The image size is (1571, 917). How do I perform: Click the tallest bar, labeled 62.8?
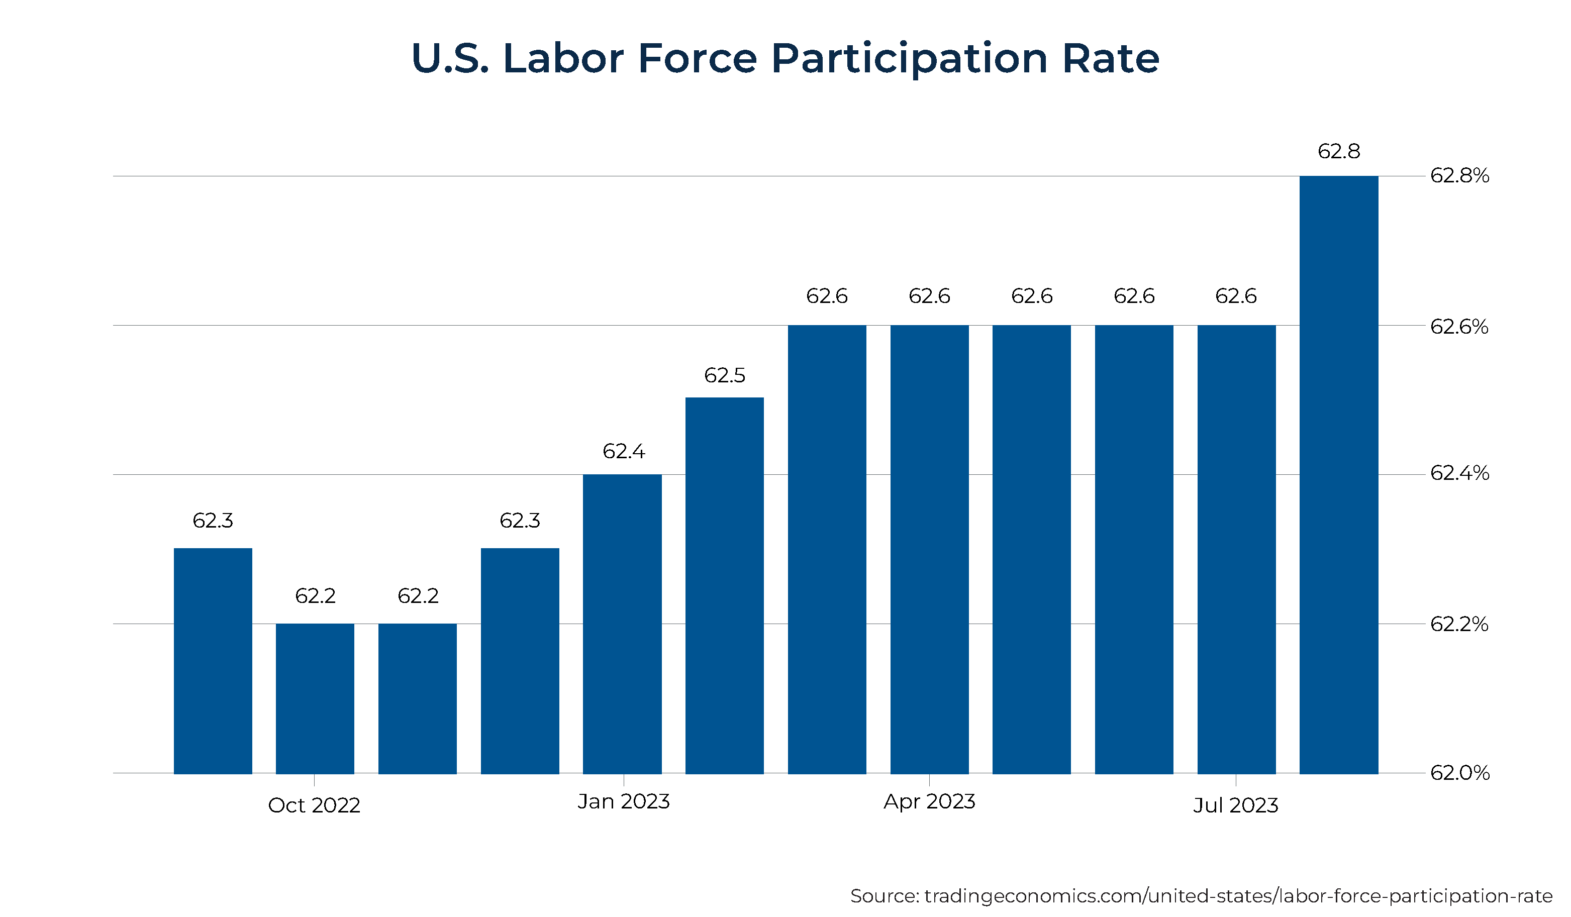point(1338,474)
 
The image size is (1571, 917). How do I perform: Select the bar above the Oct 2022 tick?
point(315,698)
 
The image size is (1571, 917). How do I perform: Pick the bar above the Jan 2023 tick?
point(622,624)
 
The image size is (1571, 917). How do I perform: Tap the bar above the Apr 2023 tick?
point(929,549)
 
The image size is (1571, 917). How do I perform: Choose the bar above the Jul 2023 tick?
point(1236,549)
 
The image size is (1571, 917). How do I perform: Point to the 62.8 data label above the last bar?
point(1338,151)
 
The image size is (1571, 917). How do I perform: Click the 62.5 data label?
point(724,375)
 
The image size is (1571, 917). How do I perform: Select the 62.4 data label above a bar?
point(623,451)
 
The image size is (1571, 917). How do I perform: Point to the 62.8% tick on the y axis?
point(1459,176)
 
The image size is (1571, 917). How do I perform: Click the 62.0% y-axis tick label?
point(1459,773)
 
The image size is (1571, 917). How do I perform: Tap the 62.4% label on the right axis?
point(1459,473)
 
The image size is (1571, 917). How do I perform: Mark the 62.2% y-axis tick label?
point(1459,624)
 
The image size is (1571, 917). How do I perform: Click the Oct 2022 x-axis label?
point(314,805)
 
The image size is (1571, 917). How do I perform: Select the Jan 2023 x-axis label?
point(623,801)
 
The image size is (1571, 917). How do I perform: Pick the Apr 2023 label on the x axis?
point(929,801)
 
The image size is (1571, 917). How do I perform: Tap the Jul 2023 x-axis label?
point(1236,805)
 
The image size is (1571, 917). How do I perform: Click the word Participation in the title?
point(910,59)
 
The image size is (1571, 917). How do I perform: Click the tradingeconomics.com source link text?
point(1237,896)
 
